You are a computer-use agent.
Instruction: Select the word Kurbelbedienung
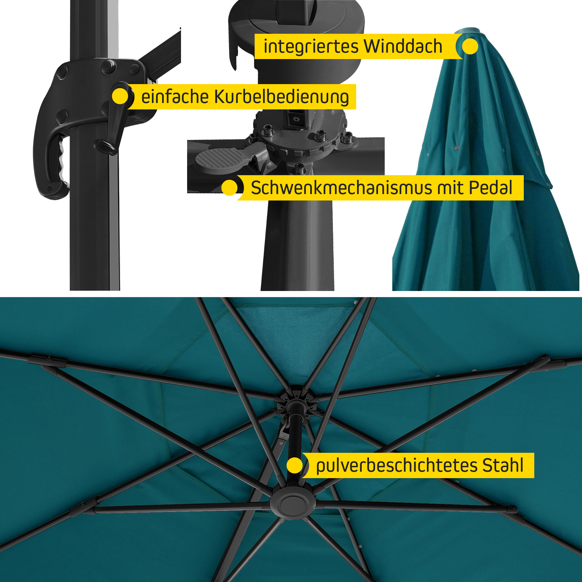pyautogui.click(x=282, y=97)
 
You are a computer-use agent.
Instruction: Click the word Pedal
pyautogui.click(x=491, y=188)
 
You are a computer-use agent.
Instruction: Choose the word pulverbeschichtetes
pyautogui.click(x=396, y=466)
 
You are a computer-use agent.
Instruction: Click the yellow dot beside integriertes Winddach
pyautogui.click(x=470, y=46)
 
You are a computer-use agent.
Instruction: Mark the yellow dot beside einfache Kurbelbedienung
pyautogui.click(x=120, y=96)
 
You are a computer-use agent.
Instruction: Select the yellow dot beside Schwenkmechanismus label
pyautogui.click(x=230, y=188)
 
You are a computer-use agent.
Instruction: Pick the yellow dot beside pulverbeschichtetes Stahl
pyautogui.click(x=294, y=465)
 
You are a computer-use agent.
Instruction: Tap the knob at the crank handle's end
pyautogui.click(x=105, y=146)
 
